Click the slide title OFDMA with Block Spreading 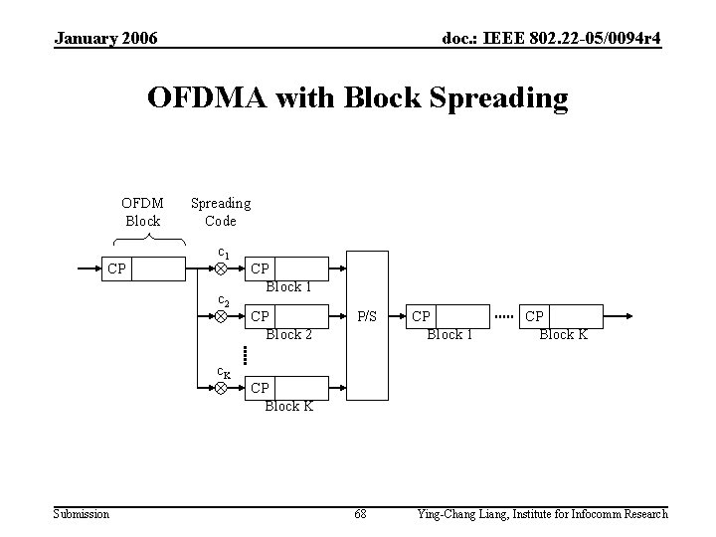(x=357, y=97)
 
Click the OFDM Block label (x=142, y=211)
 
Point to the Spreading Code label (x=220, y=211)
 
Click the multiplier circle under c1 (x=222, y=268)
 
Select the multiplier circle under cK (x=222, y=388)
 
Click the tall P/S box (x=367, y=325)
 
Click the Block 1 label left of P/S (x=288, y=286)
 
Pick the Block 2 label (x=288, y=334)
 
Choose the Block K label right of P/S (x=563, y=334)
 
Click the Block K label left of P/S (x=288, y=406)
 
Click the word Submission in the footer (x=82, y=514)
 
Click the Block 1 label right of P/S (x=450, y=334)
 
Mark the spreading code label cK (x=224, y=372)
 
